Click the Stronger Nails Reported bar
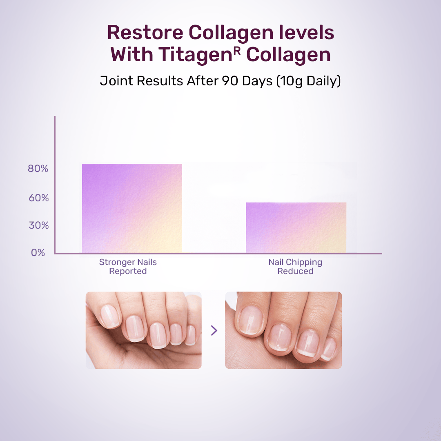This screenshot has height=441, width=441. (x=132, y=208)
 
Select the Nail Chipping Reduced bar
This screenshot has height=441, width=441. (x=296, y=227)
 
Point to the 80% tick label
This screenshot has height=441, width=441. (x=38, y=169)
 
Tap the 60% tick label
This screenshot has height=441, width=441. (x=38, y=198)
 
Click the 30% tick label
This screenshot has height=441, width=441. (x=38, y=225)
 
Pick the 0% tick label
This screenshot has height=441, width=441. (x=38, y=253)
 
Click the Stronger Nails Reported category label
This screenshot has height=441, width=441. (x=128, y=267)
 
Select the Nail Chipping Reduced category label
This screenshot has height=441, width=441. (x=295, y=267)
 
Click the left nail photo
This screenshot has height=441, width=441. (x=143, y=330)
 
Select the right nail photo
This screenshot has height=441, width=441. (x=283, y=330)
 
